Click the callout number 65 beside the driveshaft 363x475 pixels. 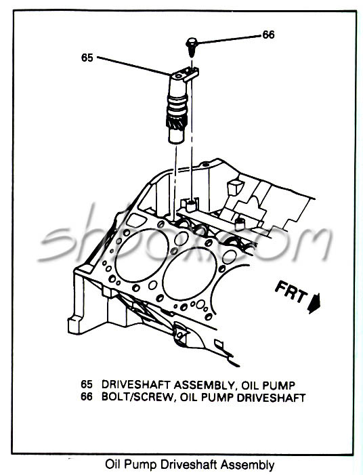pyautogui.click(x=87, y=58)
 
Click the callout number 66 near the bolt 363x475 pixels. pyautogui.click(x=269, y=35)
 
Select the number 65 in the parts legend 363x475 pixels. pyautogui.click(x=86, y=384)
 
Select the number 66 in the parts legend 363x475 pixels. pyautogui.click(x=86, y=397)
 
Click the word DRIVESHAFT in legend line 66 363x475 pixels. pyautogui.click(x=269, y=397)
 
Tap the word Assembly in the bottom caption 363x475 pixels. pyautogui.click(x=247, y=465)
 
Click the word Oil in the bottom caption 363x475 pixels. pyautogui.click(x=114, y=465)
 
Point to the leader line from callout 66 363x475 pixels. pyautogui.click(x=230, y=39)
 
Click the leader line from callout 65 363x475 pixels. pyautogui.click(x=132, y=65)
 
